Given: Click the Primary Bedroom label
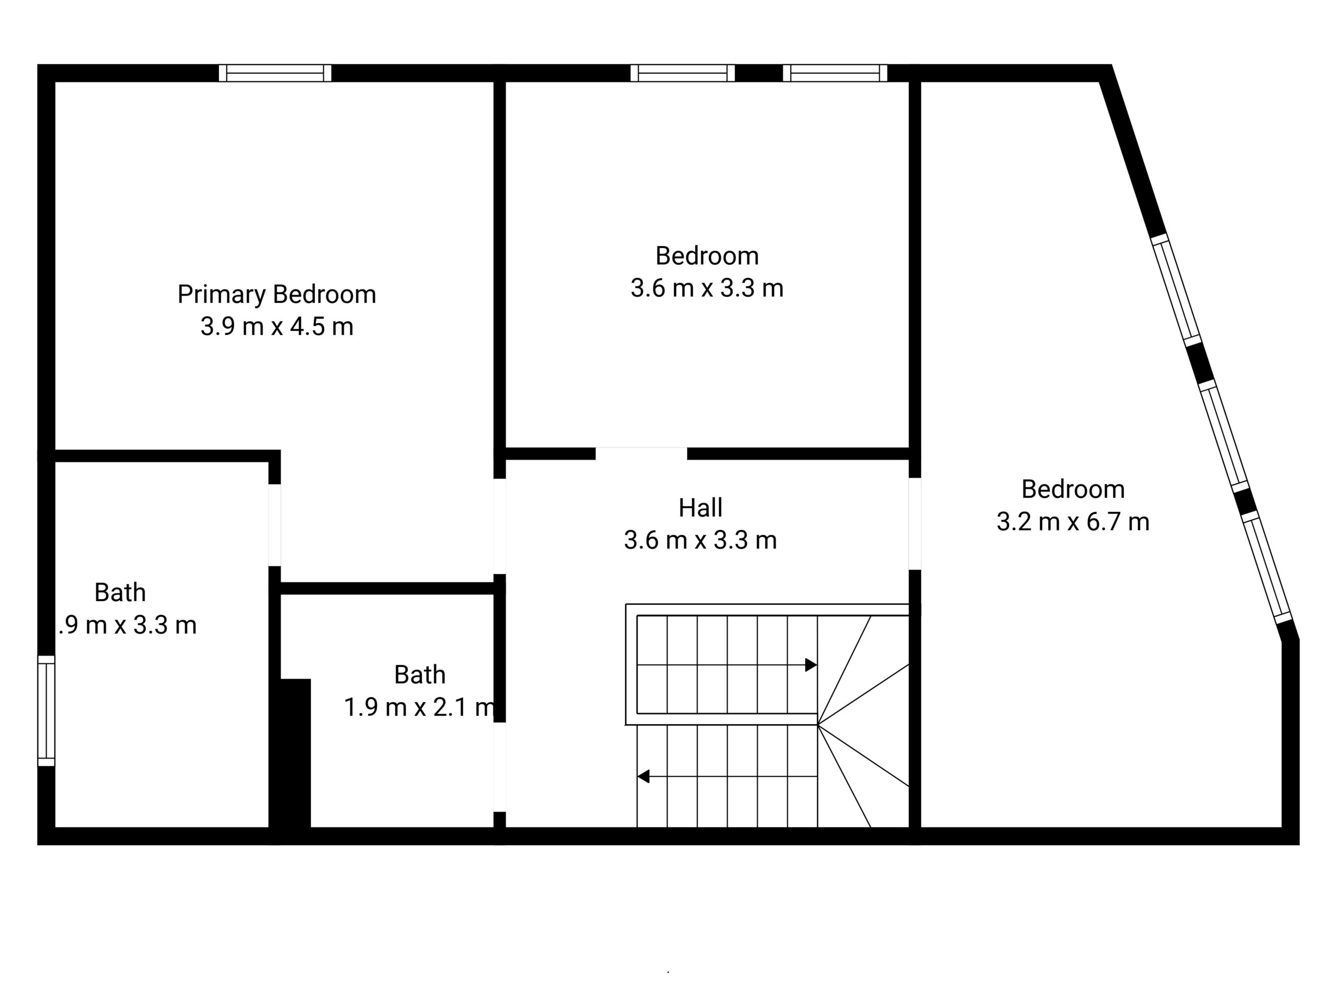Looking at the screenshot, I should pos(276,295).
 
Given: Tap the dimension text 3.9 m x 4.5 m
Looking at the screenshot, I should pos(276,327).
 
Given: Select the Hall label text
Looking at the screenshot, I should pos(700,508).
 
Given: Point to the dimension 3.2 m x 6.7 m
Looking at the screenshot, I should pos(1072,522).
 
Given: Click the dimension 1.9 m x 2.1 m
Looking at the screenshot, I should pos(419,707).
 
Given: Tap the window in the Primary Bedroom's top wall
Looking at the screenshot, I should pos(275,73).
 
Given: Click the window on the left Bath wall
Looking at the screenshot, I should pos(46,711).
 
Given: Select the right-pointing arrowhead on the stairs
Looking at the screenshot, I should pos(811,665).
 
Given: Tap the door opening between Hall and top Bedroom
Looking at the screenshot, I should pos(641,454).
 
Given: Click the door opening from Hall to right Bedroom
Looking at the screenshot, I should pos(914,523).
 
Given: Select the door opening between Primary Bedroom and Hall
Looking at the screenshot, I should pos(499,526).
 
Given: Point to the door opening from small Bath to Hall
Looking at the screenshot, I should pos(499,766).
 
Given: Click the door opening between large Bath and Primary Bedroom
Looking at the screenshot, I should pos(274,525).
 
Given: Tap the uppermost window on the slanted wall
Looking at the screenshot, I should pos(1176,289).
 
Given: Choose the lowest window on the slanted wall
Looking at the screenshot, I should pos(1266,566).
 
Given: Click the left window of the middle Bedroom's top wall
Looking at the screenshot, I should pos(683,73).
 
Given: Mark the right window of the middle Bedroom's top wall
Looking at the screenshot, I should pos(835,73).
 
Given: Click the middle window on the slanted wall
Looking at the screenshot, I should pos(1223,435).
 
